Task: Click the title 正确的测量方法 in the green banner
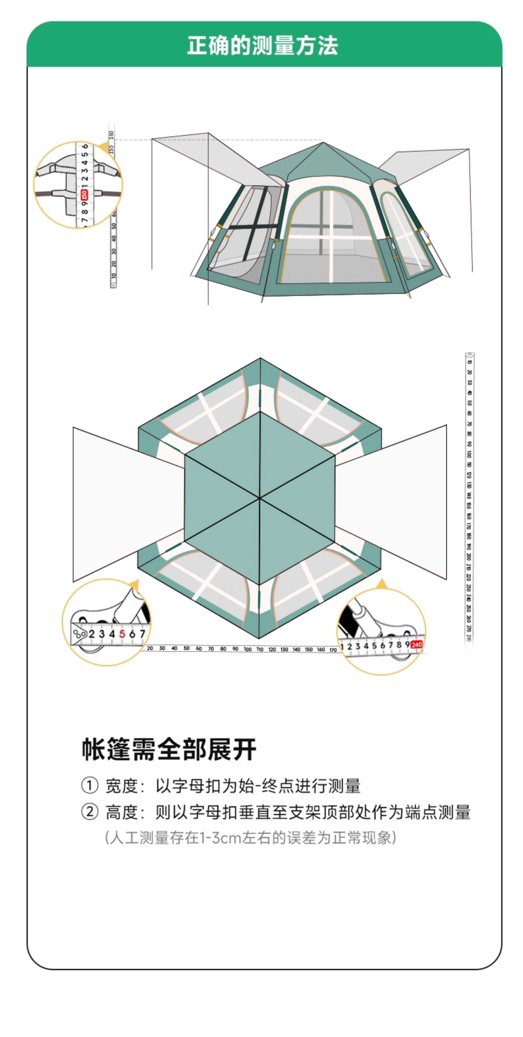pyautogui.click(x=262, y=45)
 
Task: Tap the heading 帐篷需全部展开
pyautogui.click(x=169, y=749)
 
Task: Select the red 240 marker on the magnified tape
pyautogui.click(x=416, y=644)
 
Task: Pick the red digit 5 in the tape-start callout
pyautogui.click(x=122, y=634)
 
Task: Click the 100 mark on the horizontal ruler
pyautogui.click(x=247, y=649)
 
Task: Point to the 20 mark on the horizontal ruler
pyautogui.click(x=150, y=648)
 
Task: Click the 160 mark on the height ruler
pyautogui.click(x=111, y=134)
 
